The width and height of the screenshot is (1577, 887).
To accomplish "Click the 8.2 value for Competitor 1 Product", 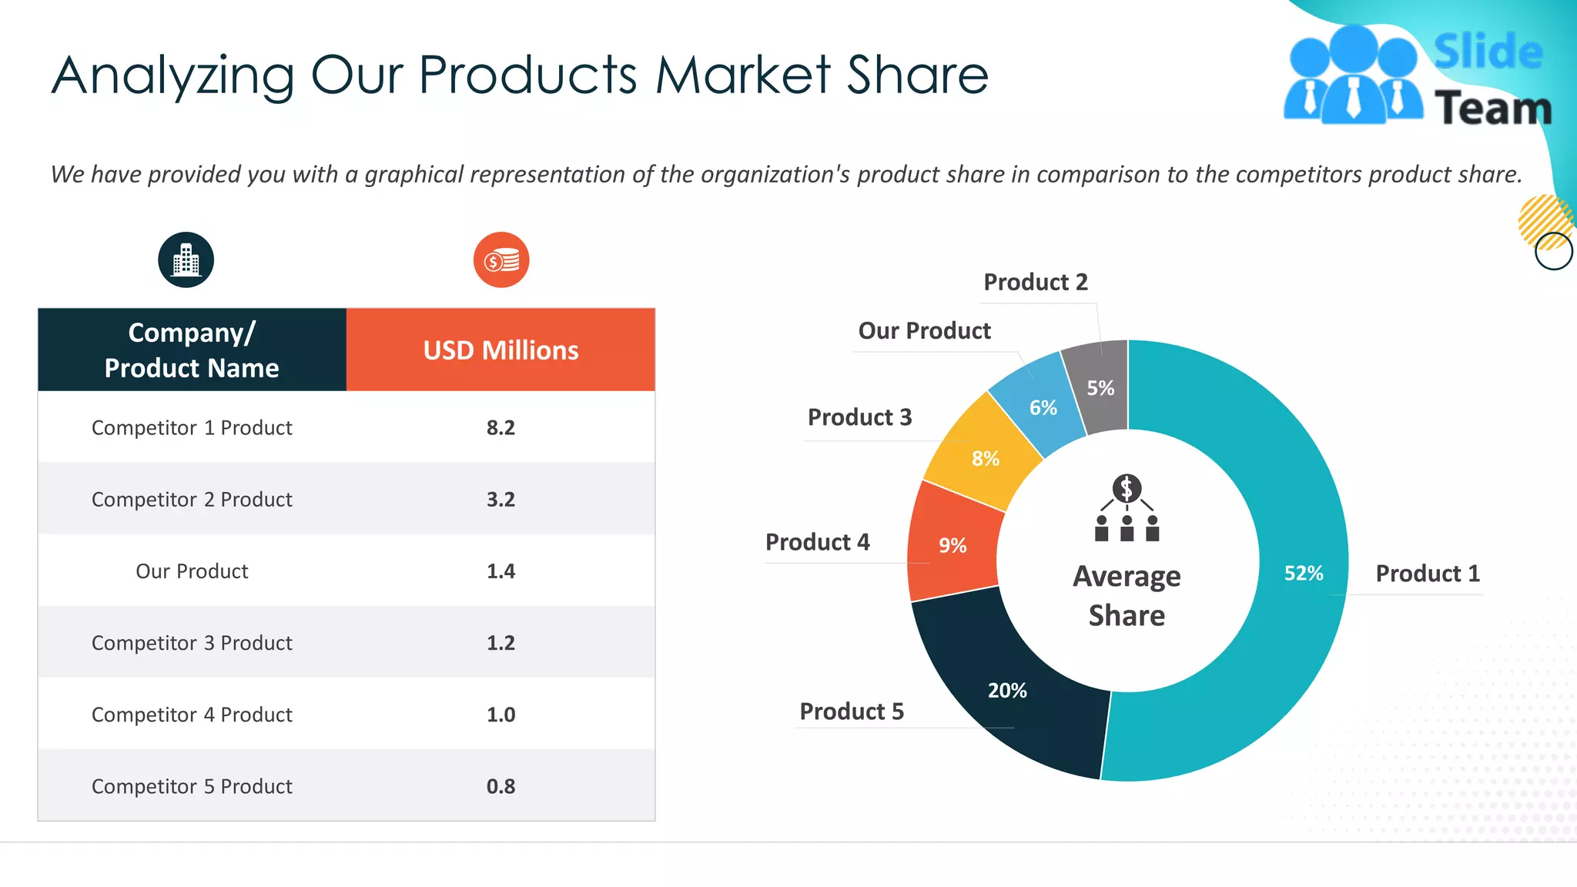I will tap(501, 427).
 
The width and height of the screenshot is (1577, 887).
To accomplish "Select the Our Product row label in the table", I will tap(192, 571).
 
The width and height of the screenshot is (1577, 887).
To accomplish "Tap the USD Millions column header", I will tap(501, 350).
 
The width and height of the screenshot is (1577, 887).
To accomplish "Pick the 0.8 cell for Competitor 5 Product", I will tap(501, 786).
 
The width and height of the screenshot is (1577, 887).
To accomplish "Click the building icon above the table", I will tap(186, 260).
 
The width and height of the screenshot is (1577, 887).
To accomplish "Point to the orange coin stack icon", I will tap(501, 260).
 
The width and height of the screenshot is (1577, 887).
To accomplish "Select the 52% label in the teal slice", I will tap(1303, 574).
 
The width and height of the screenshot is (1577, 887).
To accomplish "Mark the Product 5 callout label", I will tap(852, 711).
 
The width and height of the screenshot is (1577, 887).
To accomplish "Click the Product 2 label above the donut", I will tap(1036, 283).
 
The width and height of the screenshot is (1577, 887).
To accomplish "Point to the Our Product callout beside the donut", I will tap(924, 331).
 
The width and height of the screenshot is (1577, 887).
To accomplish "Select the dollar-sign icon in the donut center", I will tap(1127, 488).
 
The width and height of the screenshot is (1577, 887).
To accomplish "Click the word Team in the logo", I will tap(1492, 108).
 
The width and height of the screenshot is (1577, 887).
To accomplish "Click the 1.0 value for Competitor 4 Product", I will tap(501, 715).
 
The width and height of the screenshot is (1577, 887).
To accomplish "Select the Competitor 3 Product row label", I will tap(192, 643).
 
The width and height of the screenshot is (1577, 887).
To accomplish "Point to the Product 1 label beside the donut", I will tap(1428, 574).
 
